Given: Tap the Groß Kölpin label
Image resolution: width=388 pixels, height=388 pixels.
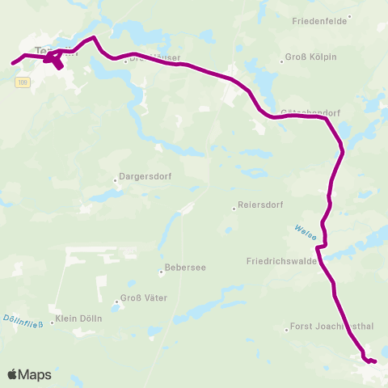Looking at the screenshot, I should click(314, 57).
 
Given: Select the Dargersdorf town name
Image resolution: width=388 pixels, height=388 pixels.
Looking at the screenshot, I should click(145, 175).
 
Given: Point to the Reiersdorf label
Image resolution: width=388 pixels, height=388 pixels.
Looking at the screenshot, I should click(260, 206).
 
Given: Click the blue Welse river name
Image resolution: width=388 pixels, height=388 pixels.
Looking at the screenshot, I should click(304, 232).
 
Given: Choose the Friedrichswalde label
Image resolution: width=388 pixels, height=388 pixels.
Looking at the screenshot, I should click(280, 262).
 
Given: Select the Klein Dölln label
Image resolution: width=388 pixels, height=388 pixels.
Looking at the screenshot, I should click(79, 321).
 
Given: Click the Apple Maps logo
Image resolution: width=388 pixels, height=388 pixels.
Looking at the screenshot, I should click(29, 374).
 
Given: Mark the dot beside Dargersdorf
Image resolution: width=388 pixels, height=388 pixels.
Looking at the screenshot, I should click(116, 180).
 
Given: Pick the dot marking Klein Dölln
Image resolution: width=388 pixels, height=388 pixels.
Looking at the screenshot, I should click(53, 322).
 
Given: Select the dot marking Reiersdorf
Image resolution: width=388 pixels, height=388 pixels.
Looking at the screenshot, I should click(234, 207).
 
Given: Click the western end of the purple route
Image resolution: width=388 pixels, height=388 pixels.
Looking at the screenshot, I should click(11, 62).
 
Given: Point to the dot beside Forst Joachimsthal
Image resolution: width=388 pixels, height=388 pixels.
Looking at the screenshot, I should click(287, 329).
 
